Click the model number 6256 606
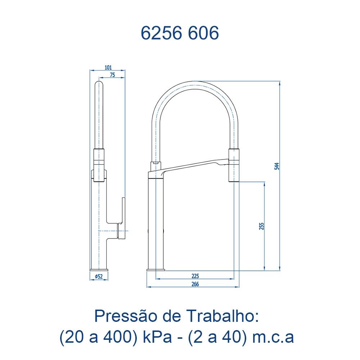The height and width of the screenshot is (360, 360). [180, 33]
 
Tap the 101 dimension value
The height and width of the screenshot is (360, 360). [108, 67]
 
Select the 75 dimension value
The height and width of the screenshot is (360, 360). [112, 75]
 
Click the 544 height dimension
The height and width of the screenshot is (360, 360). [276, 166]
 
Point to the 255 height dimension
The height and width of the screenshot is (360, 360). [262, 226]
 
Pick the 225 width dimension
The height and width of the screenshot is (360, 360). [195, 276]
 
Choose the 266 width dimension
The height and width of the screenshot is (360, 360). [195, 284]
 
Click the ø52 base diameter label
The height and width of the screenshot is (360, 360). [99, 276]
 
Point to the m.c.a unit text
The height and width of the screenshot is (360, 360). [274, 337]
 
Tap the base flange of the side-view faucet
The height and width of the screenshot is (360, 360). [99, 269]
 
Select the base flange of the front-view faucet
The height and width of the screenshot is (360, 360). [156, 269]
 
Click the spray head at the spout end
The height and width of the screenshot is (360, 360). [234, 166]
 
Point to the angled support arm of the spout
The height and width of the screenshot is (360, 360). [191, 167]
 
